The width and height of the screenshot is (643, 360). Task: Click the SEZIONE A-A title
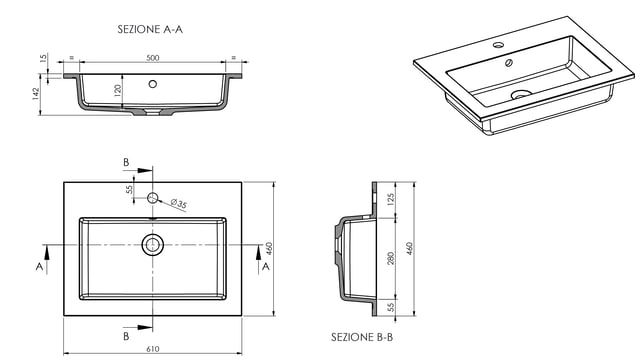(x=150, y=30)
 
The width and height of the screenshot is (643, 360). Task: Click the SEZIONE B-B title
(x=362, y=337)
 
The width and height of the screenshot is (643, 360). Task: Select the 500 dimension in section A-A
(x=153, y=58)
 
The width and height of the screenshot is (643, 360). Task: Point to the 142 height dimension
(x=36, y=94)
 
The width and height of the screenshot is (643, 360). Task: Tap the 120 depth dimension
(x=118, y=90)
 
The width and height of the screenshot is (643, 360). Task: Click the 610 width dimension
(x=153, y=349)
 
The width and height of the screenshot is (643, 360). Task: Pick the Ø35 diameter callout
(x=179, y=204)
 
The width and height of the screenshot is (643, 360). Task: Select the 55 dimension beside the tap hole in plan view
(x=129, y=189)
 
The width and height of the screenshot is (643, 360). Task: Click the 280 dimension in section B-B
(x=390, y=258)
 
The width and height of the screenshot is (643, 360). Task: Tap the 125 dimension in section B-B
(x=390, y=199)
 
